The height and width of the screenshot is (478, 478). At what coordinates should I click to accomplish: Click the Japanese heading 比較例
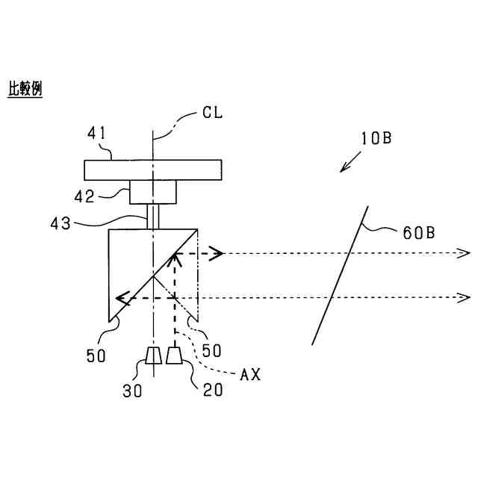(x=25, y=89)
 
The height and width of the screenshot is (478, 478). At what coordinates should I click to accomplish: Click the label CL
(x=213, y=113)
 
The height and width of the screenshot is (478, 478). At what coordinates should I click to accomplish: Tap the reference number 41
(x=97, y=135)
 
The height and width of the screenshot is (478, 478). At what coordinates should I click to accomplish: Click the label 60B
(x=419, y=233)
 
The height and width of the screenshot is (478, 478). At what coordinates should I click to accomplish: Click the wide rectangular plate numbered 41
(x=152, y=170)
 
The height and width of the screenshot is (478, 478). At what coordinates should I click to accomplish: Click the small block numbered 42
(x=153, y=192)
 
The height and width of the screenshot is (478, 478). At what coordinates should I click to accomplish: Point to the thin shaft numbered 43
(x=153, y=217)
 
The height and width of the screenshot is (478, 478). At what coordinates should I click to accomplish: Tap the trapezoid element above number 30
(x=153, y=356)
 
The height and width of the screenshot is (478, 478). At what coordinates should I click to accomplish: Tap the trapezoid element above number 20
(x=175, y=356)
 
